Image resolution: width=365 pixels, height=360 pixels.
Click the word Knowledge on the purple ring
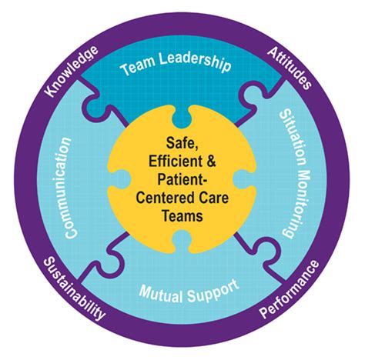pos(71,72)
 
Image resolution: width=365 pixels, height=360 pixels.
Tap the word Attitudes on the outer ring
pos(290,67)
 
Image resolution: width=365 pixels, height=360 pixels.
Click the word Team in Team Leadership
pos(140,68)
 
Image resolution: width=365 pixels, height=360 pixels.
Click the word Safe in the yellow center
pos(181,144)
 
